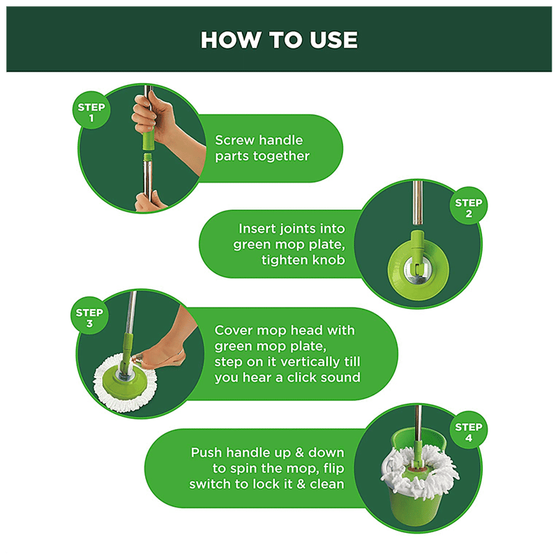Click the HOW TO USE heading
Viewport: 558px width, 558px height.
click(x=279, y=40)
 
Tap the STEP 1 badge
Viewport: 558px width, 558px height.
click(x=91, y=110)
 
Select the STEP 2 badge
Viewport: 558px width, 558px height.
click(x=469, y=206)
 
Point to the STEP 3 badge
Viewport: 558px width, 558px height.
click(x=89, y=316)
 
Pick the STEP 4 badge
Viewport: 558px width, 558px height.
click(x=469, y=430)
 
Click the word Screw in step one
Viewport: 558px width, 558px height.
click(x=232, y=140)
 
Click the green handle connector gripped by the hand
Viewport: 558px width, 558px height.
click(x=149, y=139)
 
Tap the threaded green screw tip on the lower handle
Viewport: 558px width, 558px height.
click(x=147, y=158)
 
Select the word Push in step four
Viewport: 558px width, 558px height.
click(x=206, y=453)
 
